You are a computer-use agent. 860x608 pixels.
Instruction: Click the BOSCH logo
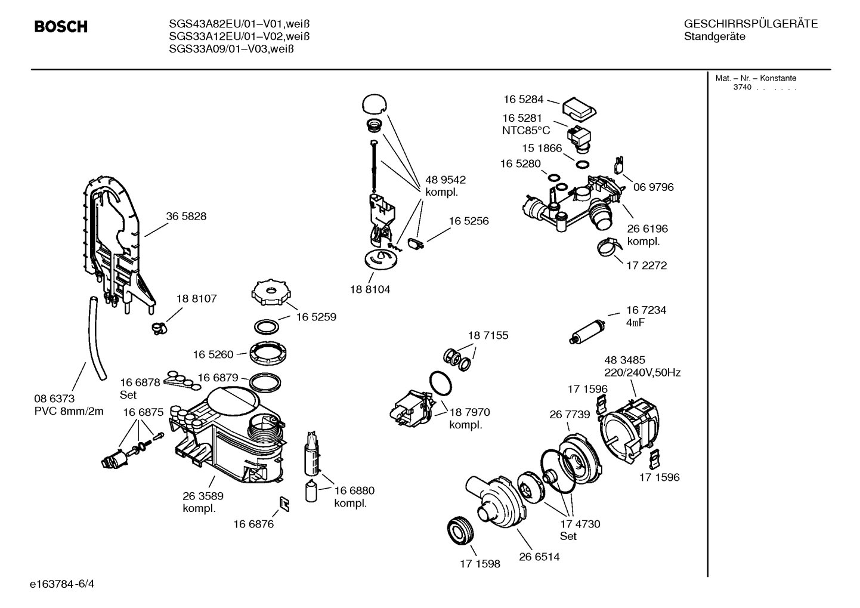[61, 27]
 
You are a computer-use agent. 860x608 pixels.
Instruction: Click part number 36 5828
[186, 217]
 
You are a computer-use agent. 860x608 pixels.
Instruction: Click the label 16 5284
[523, 100]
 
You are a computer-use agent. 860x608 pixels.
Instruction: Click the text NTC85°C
[525, 131]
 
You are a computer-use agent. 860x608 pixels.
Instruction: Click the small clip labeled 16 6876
[286, 504]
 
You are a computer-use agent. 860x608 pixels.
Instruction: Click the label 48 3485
[624, 360]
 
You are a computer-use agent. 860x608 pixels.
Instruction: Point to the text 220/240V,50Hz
[642, 373]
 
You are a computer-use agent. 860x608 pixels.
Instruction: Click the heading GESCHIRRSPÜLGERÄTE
[750, 24]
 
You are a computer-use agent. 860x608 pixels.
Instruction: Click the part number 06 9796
[653, 187]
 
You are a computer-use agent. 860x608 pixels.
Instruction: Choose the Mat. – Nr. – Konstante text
[755, 78]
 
